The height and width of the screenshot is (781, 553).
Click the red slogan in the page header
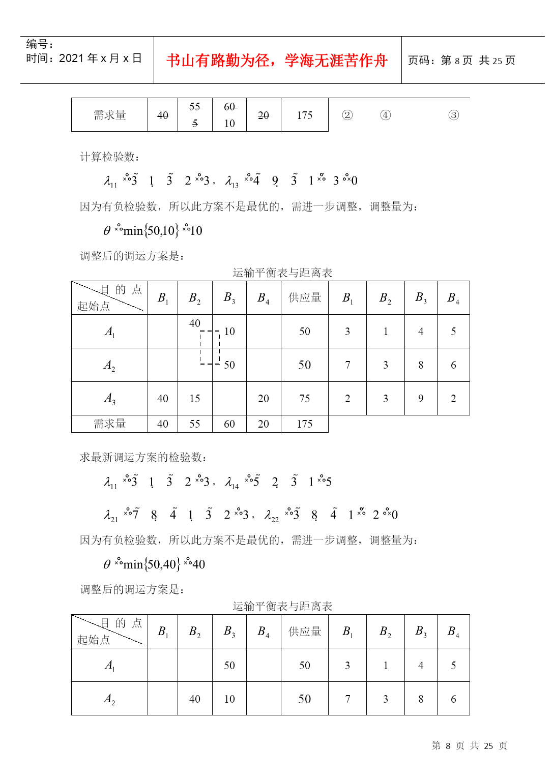[277, 61]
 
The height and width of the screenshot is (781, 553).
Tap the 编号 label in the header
[39, 44]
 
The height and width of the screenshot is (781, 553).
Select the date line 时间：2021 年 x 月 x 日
[84, 58]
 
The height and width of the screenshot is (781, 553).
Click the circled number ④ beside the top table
[386, 115]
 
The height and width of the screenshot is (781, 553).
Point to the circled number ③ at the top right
[453, 115]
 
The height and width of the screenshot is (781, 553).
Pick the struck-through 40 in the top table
[163, 115]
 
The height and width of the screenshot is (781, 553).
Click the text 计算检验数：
[110, 157]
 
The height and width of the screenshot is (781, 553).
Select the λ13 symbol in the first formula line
[231, 181]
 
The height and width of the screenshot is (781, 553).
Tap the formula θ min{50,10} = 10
[153, 231]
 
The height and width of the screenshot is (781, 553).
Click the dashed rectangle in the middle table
[210, 348]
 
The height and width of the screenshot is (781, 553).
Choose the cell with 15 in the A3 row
[195, 399]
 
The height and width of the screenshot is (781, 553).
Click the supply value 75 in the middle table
[305, 399]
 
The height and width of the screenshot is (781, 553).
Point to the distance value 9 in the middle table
[421, 399]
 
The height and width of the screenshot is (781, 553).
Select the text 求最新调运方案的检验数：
[143, 457]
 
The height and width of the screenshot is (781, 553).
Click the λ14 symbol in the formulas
[231, 483]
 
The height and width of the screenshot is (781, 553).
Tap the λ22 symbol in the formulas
[271, 516]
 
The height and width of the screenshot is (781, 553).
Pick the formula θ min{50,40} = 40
[154, 564]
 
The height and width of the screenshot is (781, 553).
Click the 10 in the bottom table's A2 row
[229, 699]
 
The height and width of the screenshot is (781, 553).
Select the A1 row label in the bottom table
[110, 665]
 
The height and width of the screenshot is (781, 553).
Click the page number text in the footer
[469, 745]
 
